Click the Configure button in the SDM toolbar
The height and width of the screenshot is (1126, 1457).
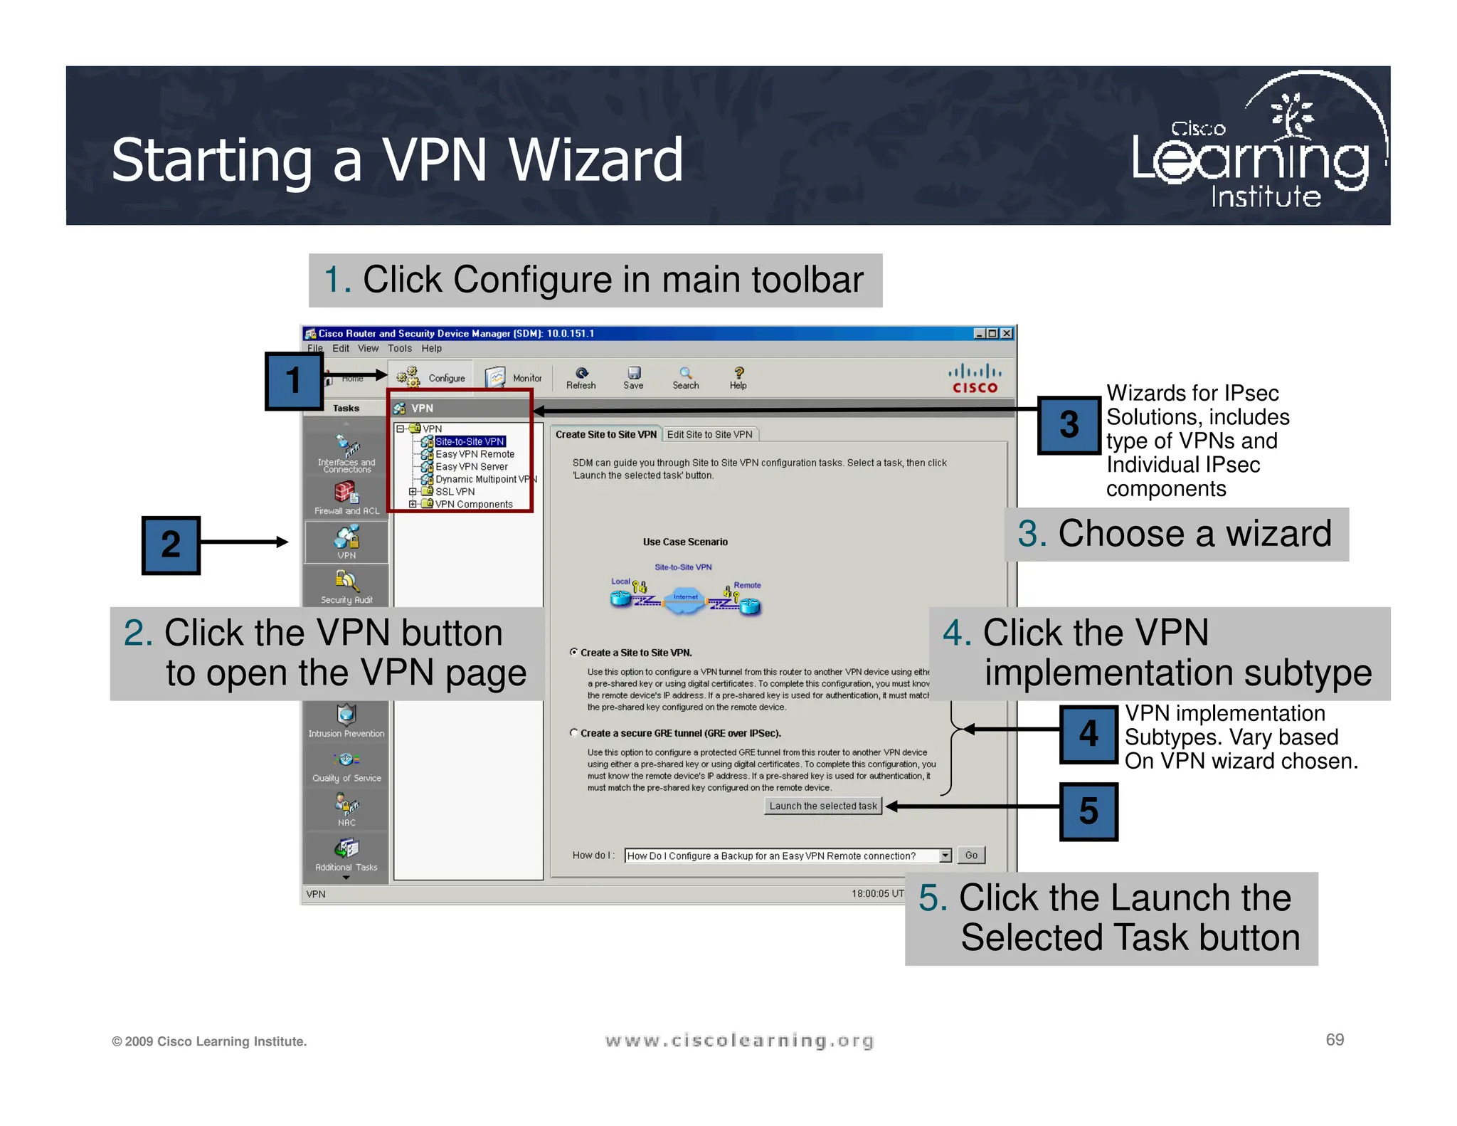(x=431, y=377)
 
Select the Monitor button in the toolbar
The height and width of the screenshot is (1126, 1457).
(x=514, y=377)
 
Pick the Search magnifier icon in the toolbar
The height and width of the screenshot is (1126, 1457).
(x=685, y=374)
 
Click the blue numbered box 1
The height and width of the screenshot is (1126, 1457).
(x=294, y=381)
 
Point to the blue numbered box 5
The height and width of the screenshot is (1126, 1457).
(x=1088, y=811)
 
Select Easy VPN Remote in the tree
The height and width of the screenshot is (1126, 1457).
(x=475, y=454)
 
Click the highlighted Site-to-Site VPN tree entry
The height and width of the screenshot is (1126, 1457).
(x=470, y=441)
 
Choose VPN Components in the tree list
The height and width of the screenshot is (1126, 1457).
(x=473, y=504)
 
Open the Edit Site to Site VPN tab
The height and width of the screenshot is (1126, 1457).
(x=709, y=434)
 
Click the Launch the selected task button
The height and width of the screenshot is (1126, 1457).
(x=823, y=806)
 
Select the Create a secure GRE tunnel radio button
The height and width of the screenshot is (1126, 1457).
(x=574, y=732)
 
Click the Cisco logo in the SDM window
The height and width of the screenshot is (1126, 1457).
(x=975, y=379)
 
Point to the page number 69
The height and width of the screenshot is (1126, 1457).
(x=1335, y=1040)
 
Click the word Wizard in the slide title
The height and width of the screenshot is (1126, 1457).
(x=596, y=160)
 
